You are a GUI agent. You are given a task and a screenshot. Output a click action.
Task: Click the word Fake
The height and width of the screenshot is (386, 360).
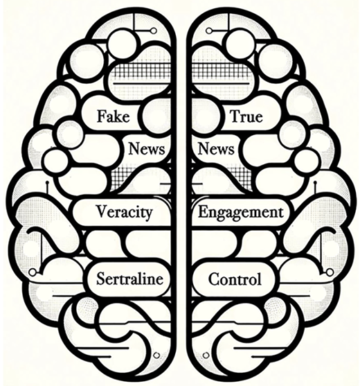113,116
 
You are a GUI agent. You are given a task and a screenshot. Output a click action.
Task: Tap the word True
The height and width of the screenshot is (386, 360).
246,116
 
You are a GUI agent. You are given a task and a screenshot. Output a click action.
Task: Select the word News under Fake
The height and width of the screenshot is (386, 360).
146,149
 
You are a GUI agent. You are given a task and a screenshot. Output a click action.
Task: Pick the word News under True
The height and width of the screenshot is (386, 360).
216,149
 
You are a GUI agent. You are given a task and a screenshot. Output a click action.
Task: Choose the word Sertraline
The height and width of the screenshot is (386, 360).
129,279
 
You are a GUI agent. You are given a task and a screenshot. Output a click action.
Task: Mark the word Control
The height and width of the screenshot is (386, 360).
235,279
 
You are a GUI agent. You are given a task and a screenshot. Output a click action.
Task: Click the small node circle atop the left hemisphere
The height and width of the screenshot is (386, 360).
154,30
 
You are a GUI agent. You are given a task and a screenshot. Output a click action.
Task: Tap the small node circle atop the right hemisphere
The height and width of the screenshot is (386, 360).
209,30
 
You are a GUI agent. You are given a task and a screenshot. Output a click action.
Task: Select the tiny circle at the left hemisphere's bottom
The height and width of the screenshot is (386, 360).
156,356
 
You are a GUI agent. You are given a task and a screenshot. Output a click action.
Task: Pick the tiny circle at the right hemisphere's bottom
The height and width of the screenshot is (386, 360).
206,356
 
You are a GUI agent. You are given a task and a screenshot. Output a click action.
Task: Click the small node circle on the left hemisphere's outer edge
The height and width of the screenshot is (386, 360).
33,272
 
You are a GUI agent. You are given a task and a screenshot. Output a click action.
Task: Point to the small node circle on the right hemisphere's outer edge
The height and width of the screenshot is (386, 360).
330,272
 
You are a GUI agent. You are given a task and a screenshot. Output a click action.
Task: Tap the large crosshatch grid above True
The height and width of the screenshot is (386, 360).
219,69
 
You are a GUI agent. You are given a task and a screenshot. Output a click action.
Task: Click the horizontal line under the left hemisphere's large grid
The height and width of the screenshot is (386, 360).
142,84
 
